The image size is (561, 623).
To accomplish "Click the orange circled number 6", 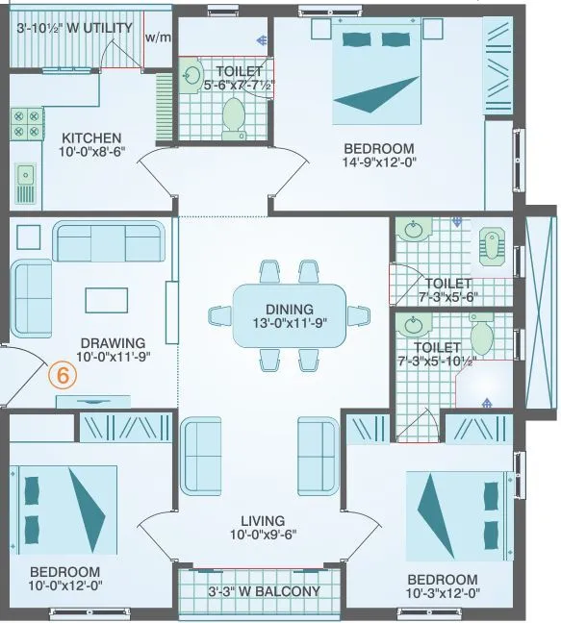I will (x=63, y=376).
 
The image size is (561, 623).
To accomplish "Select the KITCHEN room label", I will (x=91, y=137).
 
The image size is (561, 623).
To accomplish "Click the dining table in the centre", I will (x=289, y=315).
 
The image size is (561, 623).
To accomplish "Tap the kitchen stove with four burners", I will (x=26, y=123).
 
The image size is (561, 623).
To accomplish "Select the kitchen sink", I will (x=25, y=180).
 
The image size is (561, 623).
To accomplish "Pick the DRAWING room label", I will (x=113, y=342).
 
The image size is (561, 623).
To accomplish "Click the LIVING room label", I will (x=261, y=519).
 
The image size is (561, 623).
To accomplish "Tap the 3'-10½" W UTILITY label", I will (x=74, y=28).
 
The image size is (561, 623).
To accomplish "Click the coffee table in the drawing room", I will (x=106, y=300).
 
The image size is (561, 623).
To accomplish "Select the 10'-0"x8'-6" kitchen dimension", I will (x=91, y=154).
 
